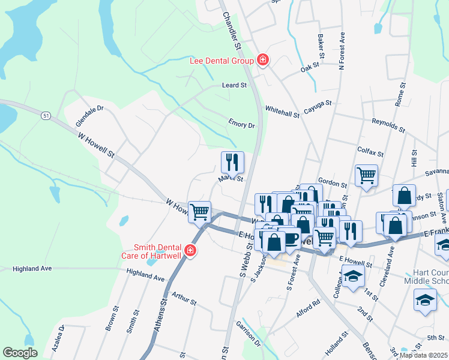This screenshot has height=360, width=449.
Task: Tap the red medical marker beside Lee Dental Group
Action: pyautogui.click(x=262, y=59)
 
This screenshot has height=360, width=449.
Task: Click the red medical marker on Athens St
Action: pyautogui.click(x=190, y=250)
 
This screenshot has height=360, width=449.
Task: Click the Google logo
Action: pyautogui.click(x=20, y=353)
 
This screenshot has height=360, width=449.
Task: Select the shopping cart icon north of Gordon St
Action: pyautogui.click(x=366, y=175)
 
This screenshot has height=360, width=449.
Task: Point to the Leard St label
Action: pyautogui.click(x=234, y=86)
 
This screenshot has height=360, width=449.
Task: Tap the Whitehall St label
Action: pyautogui.click(x=282, y=112)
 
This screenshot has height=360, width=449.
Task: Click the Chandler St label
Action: pyautogui.click(x=232, y=32)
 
